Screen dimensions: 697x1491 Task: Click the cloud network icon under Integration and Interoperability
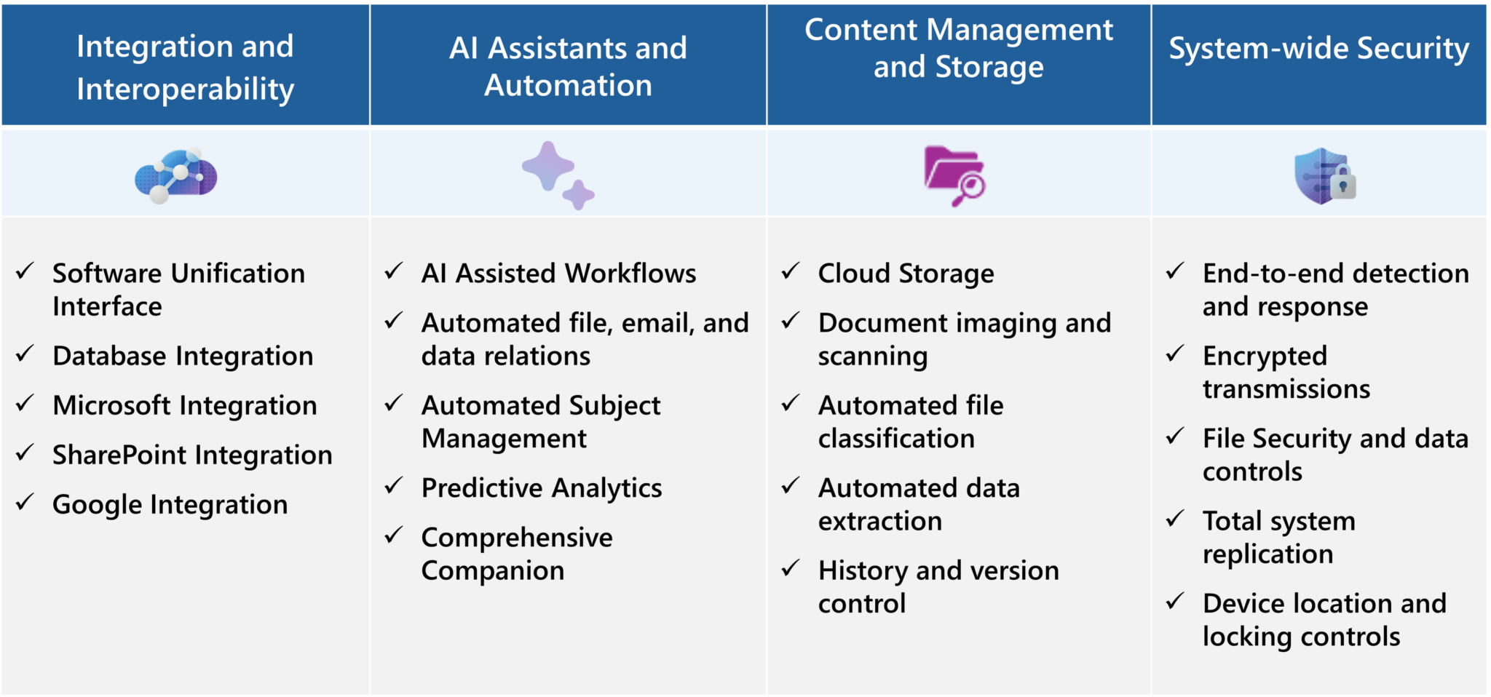point(175,175)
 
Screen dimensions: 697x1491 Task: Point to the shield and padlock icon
point(1324,177)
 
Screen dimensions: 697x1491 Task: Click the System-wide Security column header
point(1318,49)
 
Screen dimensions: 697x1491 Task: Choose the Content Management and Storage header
point(958,48)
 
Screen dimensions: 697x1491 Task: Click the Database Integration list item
point(183,357)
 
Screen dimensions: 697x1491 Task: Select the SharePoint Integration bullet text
point(192,455)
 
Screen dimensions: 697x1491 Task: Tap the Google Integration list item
point(170,505)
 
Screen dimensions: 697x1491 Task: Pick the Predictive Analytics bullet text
point(542,488)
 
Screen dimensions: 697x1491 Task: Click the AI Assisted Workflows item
point(558,274)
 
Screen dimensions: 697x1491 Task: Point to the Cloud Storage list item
point(906,274)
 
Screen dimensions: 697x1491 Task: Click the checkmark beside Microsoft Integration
point(25,403)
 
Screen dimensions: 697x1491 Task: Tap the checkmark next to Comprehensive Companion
point(394,535)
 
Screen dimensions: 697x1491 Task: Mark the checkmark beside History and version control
point(791,568)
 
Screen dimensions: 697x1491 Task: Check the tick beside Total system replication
point(1175,519)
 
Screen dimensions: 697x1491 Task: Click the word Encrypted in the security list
point(1265,357)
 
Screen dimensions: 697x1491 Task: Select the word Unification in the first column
point(238,274)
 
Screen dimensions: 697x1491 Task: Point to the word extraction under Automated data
point(879,522)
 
